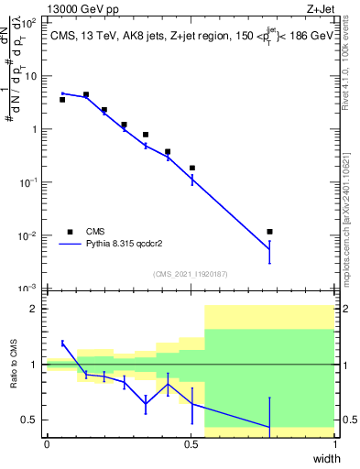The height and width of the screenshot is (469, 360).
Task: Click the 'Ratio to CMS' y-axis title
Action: (x=14, y=365)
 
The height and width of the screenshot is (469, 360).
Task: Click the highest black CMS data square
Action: (x=85, y=94)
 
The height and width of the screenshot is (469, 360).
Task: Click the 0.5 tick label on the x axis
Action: (x=191, y=443)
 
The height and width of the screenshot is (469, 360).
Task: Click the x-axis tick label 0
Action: (x=47, y=443)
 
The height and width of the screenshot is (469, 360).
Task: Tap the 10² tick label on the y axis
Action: (x=30, y=23)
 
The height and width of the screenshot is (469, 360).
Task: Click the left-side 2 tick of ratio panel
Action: (x=34, y=309)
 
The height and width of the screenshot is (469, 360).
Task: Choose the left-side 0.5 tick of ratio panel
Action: (x=29, y=420)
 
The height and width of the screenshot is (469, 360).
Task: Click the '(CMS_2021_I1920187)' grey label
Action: (x=190, y=273)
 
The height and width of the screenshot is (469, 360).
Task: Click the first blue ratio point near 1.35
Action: (x=61, y=344)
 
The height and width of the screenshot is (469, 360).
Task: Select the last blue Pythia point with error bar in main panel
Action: (x=268, y=249)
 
